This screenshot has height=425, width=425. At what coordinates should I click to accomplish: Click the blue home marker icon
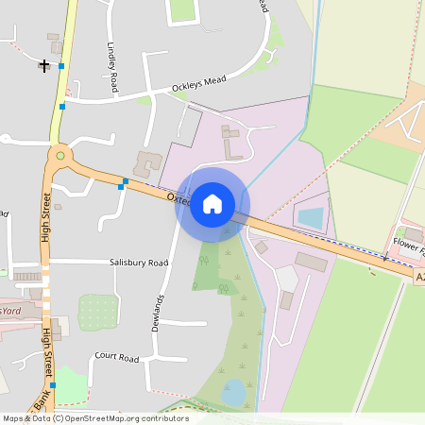point(212,203)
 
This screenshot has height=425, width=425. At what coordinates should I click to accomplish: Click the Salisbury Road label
point(138,263)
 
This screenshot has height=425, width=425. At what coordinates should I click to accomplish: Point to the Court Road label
point(116,359)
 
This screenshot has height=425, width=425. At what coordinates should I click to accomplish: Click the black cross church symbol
point(44,65)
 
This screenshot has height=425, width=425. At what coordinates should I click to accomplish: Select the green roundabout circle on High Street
point(60,155)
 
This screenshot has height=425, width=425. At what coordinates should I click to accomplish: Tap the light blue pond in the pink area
point(310,217)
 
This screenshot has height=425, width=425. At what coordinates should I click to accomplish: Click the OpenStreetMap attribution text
point(94,418)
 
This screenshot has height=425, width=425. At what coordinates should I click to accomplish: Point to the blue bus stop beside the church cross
point(61,66)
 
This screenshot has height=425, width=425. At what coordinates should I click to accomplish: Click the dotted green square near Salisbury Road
point(95,312)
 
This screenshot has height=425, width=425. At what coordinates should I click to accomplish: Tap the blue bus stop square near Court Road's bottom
point(53,385)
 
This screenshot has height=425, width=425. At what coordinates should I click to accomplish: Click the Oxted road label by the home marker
point(179,199)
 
